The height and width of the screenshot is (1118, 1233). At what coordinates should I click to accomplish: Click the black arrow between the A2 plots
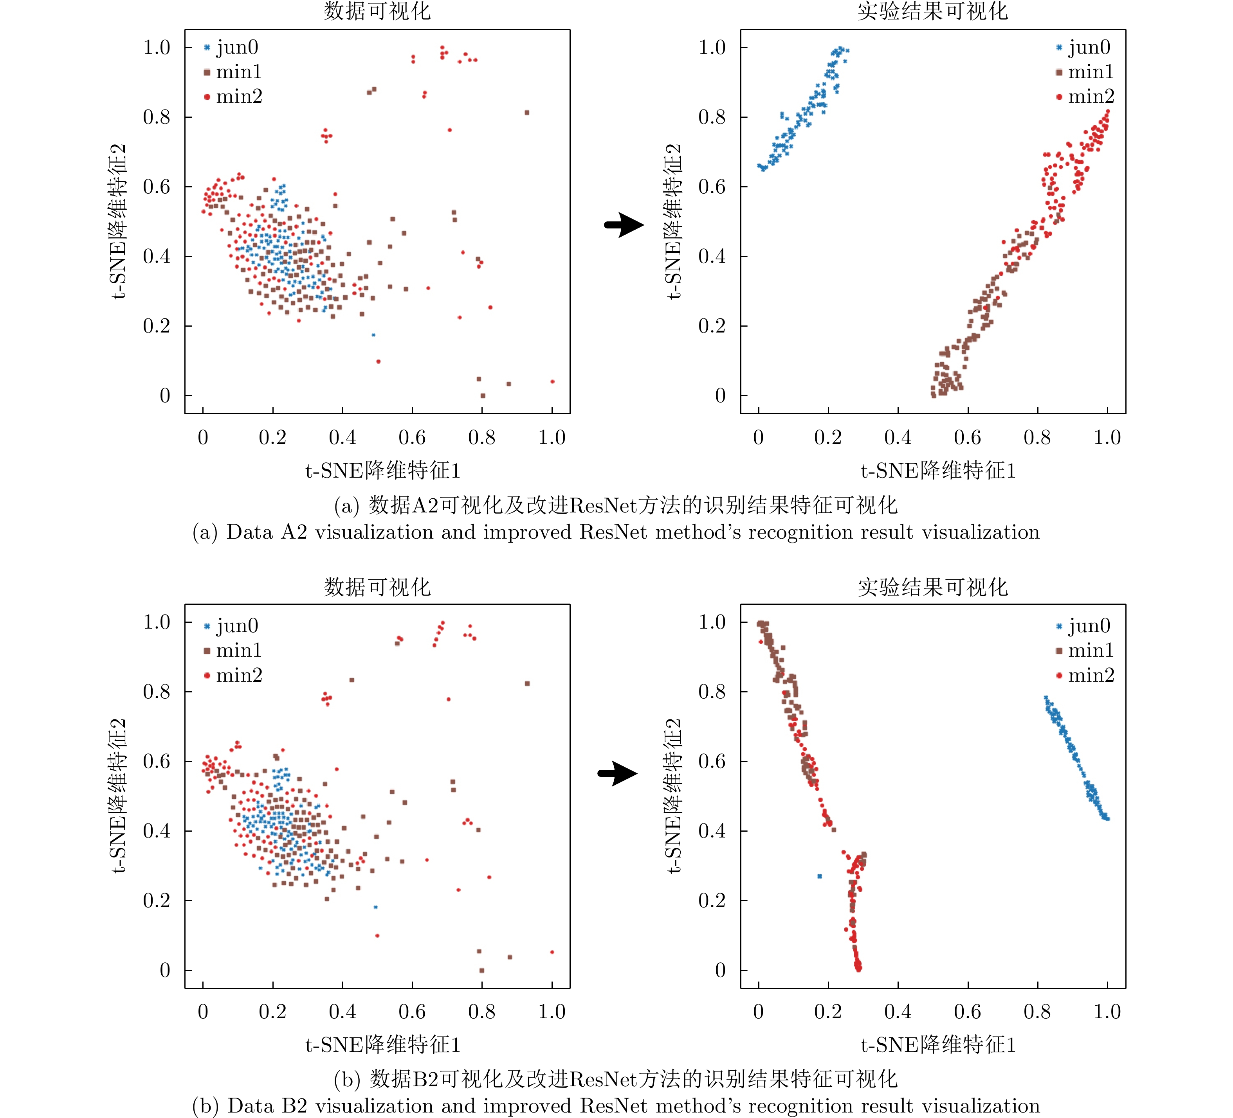[624, 225]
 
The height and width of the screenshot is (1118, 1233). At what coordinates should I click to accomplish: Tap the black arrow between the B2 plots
[618, 773]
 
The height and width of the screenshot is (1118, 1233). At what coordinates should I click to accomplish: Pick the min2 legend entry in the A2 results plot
[1085, 97]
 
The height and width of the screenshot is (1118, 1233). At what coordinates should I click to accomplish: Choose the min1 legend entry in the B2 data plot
[233, 651]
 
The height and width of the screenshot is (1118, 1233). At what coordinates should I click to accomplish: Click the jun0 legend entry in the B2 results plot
[1083, 626]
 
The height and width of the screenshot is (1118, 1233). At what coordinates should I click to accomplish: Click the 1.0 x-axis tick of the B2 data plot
[552, 1012]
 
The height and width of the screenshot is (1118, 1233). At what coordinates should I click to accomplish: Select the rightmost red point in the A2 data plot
[552, 381]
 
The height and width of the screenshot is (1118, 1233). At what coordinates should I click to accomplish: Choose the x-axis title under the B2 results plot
[938, 1044]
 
